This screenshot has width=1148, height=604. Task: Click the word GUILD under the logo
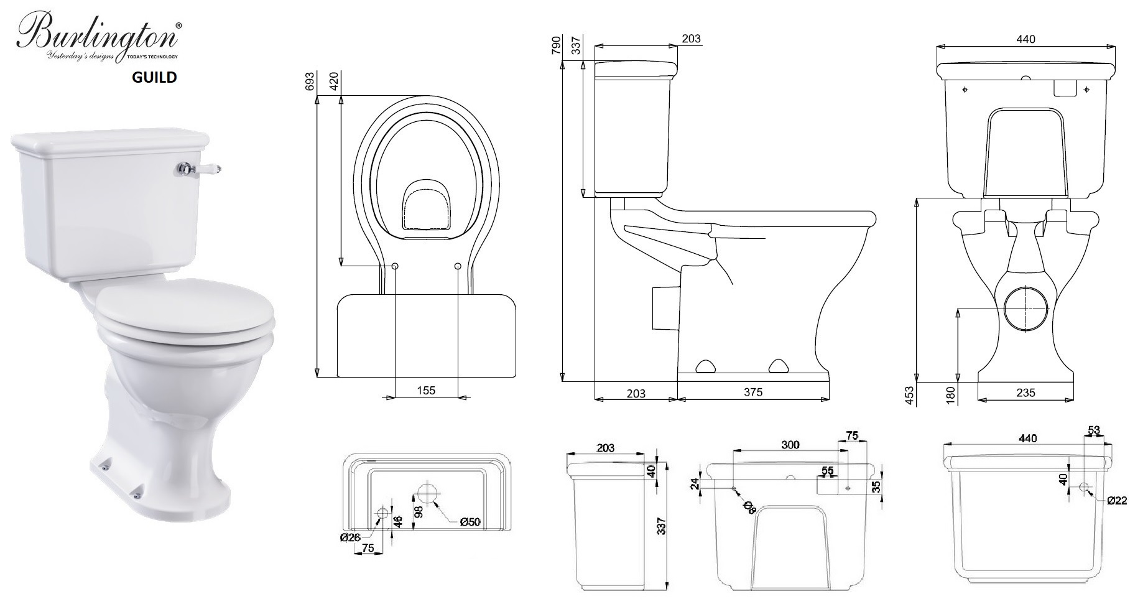coord(154,77)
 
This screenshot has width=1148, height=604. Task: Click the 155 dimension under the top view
coord(426,390)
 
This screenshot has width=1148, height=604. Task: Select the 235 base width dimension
coord(1025,392)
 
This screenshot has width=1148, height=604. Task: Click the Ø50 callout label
coord(470,522)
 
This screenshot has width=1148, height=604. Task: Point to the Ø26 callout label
coord(350,537)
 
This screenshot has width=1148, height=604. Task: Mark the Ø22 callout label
coord(1116,501)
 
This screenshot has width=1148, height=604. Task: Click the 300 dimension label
coord(790,445)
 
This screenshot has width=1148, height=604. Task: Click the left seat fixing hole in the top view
coord(395,266)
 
